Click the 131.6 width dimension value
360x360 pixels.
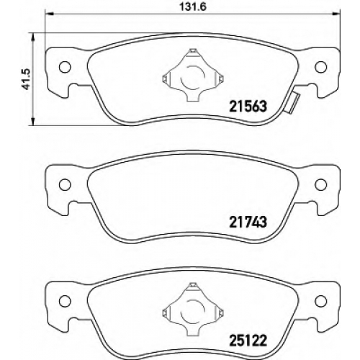pyautogui.click(x=193, y=6)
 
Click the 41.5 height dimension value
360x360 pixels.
pyautogui.click(x=26, y=79)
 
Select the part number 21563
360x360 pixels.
pyautogui.click(x=248, y=107)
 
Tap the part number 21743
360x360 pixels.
pyautogui.click(x=248, y=222)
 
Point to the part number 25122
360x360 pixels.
pyautogui.click(x=248, y=341)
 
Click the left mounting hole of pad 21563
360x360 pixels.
pyautogui.click(x=65, y=67)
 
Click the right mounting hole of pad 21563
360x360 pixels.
pyautogui.click(x=321, y=67)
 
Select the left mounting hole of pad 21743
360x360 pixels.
pyautogui.click(x=65, y=184)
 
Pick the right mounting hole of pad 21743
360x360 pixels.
pyautogui.click(x=321, y=184)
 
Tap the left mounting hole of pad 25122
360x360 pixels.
pyautogui.click(x=65, y=301)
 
